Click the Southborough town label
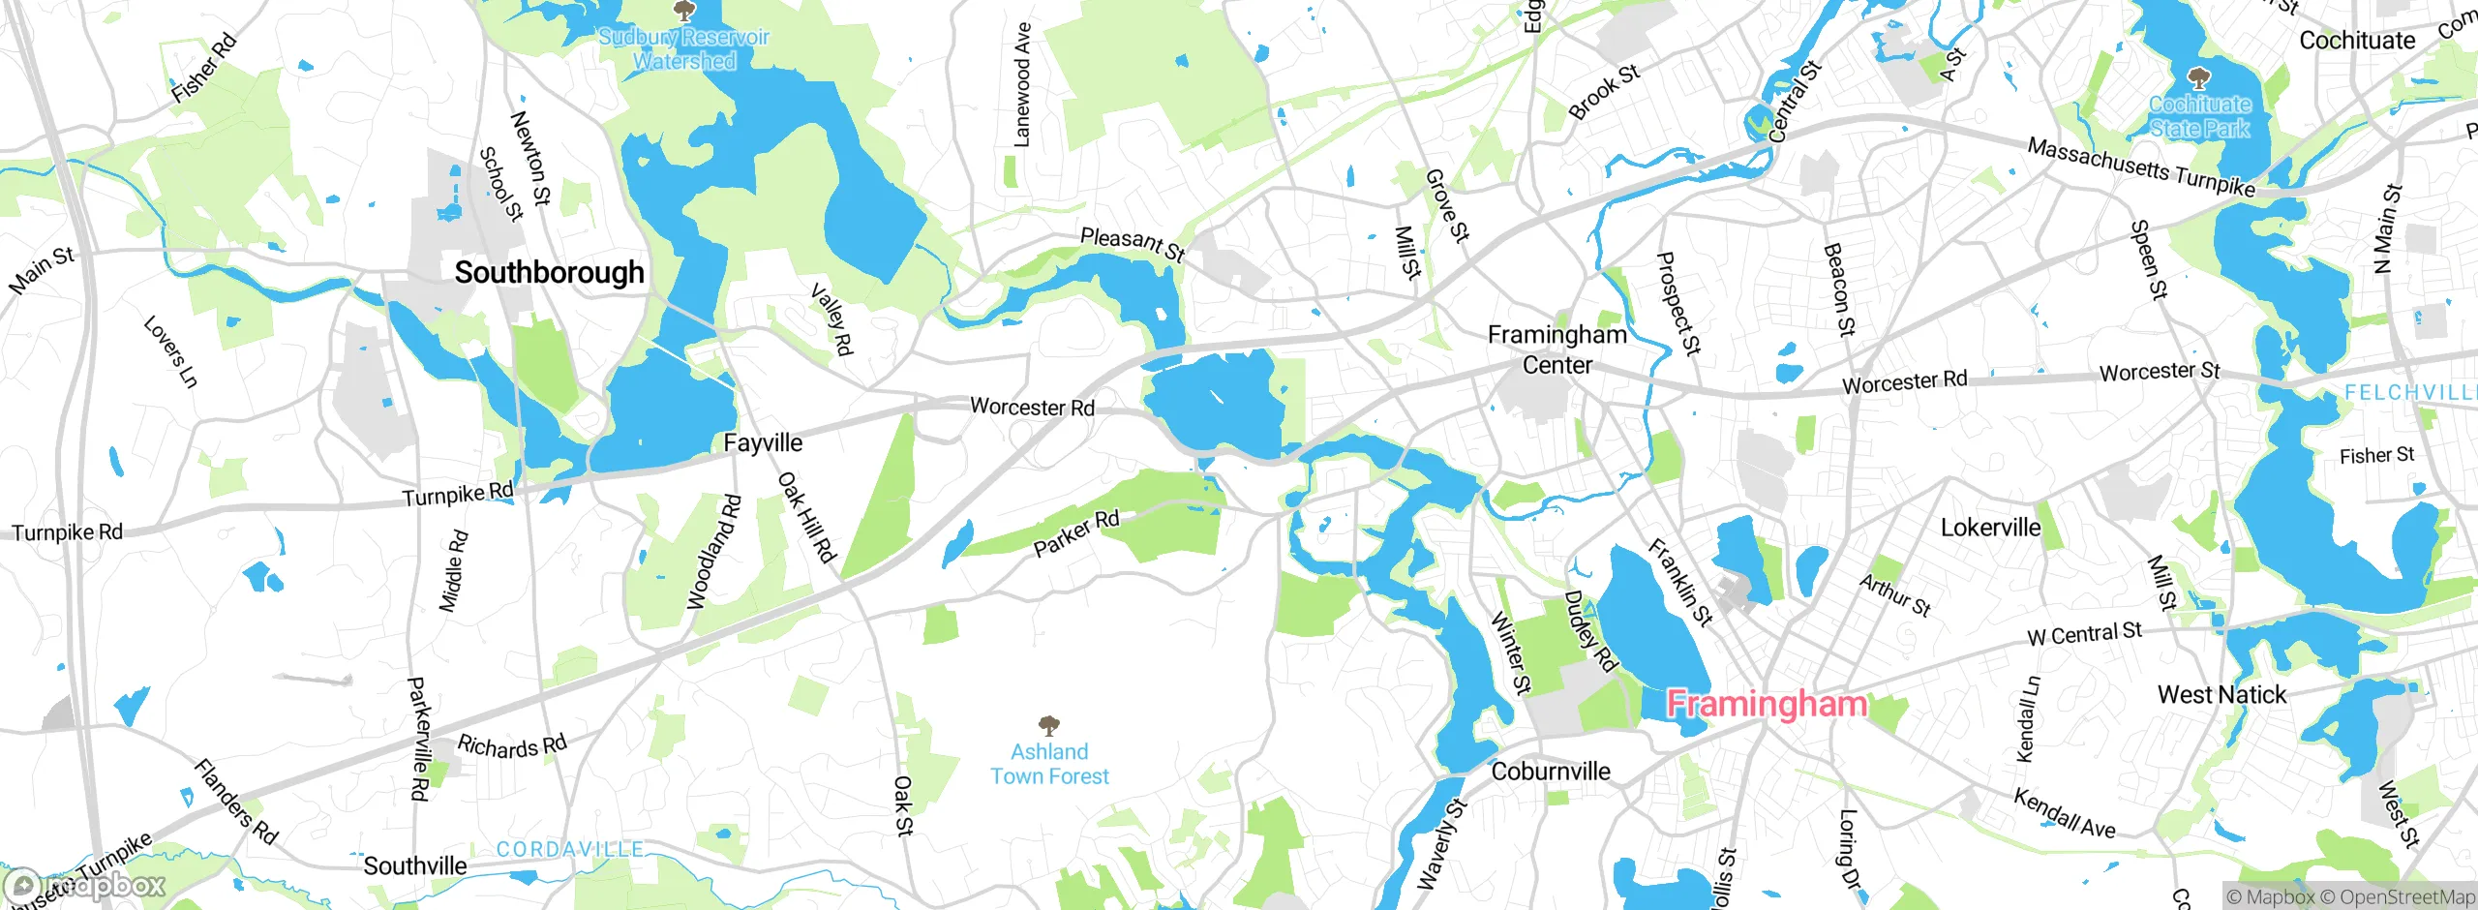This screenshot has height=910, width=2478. click(x=549, y=273)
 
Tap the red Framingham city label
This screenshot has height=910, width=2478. click(x=1767, y=704)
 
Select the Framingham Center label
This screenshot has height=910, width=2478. click(x=1556, y=349)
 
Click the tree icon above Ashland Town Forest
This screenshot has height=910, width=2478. click(x=1049, y=725)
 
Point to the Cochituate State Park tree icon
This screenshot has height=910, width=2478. click(x=2199, y=76)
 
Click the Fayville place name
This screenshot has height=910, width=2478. click(x=763, y=443)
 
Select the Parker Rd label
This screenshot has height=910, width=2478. click(x=1075, y=533)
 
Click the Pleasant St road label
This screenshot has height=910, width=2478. click(x=1132, y=244)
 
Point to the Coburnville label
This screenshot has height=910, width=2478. click(x=1551, y=772)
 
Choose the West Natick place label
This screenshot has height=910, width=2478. click(x=2221, y=695)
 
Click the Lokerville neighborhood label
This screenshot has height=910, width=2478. click(x=1990, y=528)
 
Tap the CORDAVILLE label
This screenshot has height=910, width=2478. click(x=569, y=849)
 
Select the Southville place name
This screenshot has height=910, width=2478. click(x=414, y=865)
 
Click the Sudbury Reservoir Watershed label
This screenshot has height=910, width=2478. click(x=683, y=49)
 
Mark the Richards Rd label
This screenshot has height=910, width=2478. click(x=511, y=746)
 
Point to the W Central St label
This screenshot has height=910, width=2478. click(x=2085, y=634)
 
